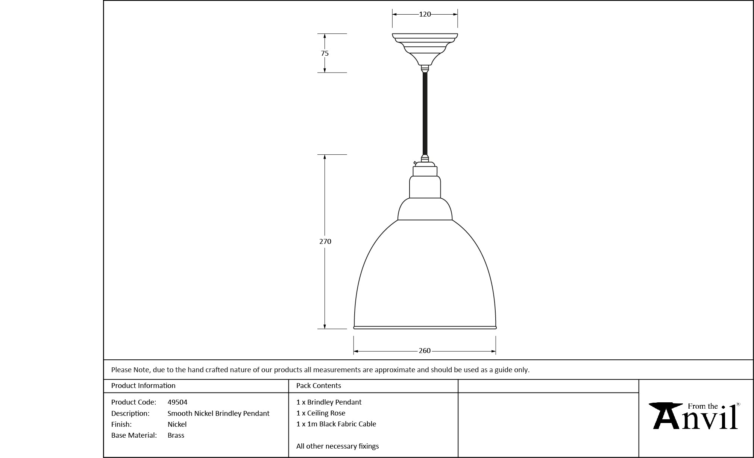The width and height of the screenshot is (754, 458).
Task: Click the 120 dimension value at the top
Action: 425,14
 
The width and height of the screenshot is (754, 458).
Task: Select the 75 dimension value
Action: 325,53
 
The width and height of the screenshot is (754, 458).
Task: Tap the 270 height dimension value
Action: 325,242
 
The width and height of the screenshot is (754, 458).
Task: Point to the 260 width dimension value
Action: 425,351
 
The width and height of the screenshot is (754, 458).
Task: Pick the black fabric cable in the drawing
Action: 425,114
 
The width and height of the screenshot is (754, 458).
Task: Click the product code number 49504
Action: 178,402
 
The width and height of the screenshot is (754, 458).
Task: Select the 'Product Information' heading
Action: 143,386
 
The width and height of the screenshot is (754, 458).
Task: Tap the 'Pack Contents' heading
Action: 319,386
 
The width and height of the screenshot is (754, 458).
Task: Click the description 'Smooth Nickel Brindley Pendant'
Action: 218,414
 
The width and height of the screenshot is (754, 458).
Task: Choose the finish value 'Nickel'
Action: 177,425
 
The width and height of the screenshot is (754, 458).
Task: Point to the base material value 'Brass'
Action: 176,435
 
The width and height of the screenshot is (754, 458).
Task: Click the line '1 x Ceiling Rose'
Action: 321,413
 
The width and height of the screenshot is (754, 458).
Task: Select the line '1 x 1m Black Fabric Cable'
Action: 336,424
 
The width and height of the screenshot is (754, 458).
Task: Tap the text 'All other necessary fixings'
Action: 338,446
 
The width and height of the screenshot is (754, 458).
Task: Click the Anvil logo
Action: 695,416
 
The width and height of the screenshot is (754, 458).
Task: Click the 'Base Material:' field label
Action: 134,435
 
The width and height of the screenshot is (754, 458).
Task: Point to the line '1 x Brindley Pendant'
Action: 329,402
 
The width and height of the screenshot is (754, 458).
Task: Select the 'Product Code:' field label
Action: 134,402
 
